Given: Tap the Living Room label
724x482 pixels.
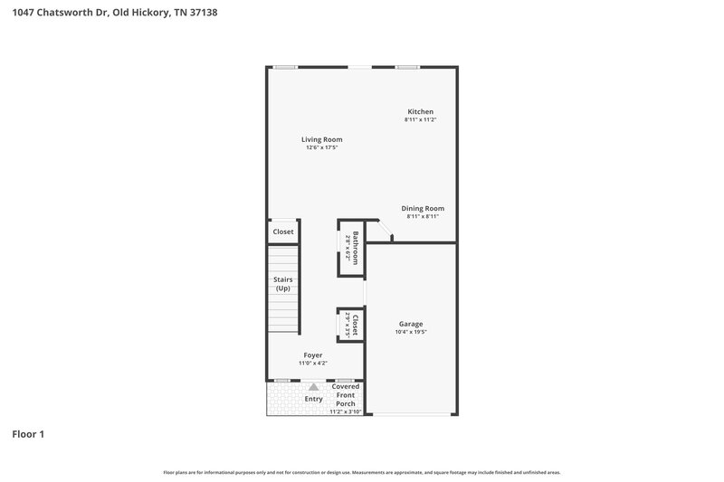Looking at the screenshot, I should (x=322, y=139).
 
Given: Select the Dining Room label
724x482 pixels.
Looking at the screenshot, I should (x=423, y=208).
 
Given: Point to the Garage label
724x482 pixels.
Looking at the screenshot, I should (x=410, y=324).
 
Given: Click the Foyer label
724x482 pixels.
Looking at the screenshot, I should (x=313, y=355).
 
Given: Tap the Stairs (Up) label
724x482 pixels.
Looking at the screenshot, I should (x=282, y=284).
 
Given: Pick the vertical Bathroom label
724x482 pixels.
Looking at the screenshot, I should (x=356, y=248).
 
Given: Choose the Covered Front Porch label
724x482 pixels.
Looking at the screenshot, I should (x=346, y=394).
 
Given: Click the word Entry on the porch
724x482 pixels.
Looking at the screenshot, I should (x=313, y=399).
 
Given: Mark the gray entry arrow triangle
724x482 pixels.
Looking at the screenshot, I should (x=313, y=387).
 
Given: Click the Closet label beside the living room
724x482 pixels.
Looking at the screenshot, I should (x=283, y=232).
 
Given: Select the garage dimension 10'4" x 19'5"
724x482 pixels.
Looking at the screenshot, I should (x=410, y=332).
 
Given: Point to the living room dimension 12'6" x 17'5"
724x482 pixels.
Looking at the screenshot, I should (x=322, y=147).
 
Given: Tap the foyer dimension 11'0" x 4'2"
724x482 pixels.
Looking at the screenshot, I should (x=313, y=364).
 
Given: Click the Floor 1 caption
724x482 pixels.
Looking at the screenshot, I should (x=28, y=434).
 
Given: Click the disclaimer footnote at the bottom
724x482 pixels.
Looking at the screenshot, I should (x=361, y=472).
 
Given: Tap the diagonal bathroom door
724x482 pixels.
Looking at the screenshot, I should (x=384, y=232).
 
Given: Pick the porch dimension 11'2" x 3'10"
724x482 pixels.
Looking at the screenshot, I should (x=346, y=411).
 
